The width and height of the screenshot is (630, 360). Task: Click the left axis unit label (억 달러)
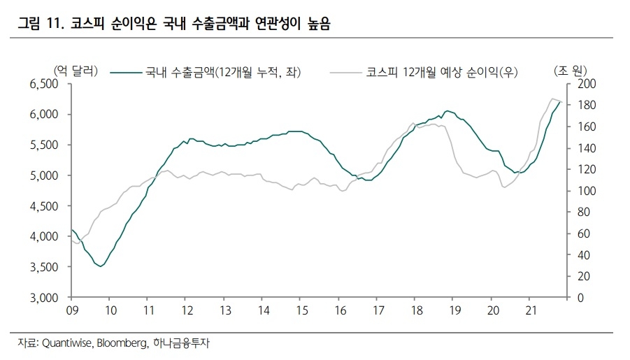tap(75, 71)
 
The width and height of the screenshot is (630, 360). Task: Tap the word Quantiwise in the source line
tap(67, 344)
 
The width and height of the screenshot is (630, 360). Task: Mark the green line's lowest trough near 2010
tap(101, 266)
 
